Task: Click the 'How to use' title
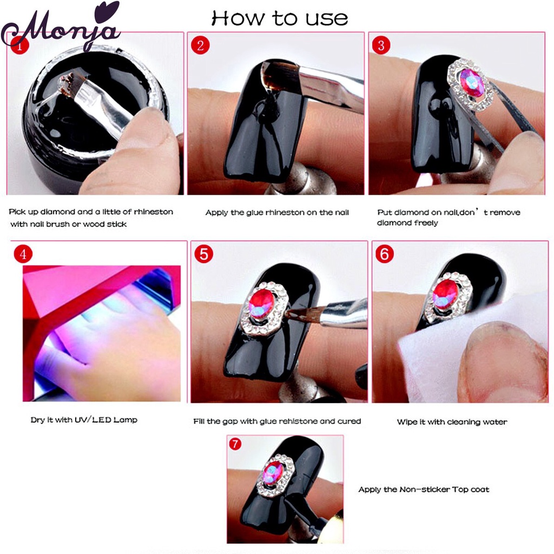coord(280,18)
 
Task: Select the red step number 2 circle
coord(200,45)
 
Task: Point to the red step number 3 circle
coord(381,45)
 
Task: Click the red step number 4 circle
coord(23,254)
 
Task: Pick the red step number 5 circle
coord(203,254)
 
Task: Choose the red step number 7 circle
coord(235,444)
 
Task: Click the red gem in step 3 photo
coord(469,84)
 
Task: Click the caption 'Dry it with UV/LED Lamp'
coord(84,420)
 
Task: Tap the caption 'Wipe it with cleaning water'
coord(452,422)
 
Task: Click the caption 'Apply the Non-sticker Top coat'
coord(424,490)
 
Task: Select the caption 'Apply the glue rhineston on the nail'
coord(277,213)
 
